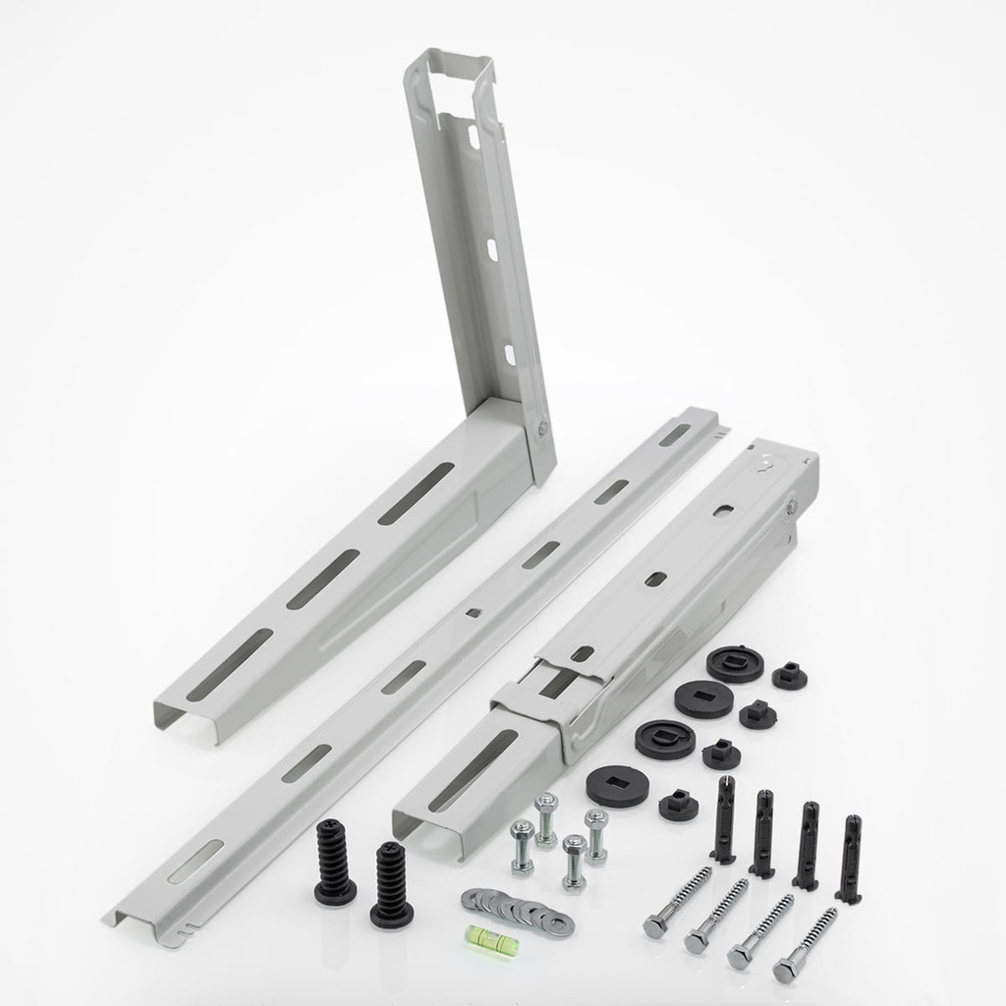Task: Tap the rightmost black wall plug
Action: point(850,859)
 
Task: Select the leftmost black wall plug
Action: point(724,819)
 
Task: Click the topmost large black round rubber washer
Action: point(733,663)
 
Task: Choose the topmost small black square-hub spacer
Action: point(787,675)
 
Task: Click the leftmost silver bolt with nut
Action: point(522,847)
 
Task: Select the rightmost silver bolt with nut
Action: point(595,836)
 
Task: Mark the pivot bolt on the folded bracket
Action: point(792,508)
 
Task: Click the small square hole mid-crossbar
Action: point(473,614)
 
